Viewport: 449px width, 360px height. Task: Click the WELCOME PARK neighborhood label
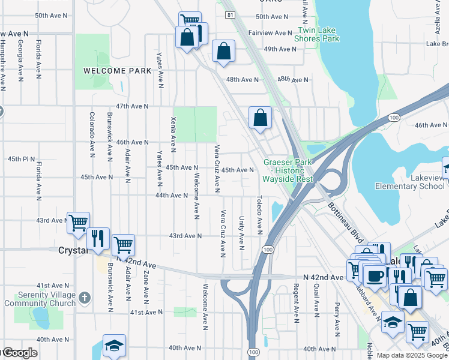point(117,71)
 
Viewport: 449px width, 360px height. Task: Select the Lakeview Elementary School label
point(410,182)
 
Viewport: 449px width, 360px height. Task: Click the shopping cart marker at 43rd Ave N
point(78,223)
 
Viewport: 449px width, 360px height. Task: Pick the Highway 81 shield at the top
point(230,14)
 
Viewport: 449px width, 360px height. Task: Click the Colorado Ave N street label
point(92,134)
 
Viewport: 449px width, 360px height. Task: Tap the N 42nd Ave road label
point(324,277)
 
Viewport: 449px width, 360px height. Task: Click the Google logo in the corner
point(19,353)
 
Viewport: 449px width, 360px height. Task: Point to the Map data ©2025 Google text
point(412,356)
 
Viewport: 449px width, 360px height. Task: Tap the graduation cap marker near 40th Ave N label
point(114,345)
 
